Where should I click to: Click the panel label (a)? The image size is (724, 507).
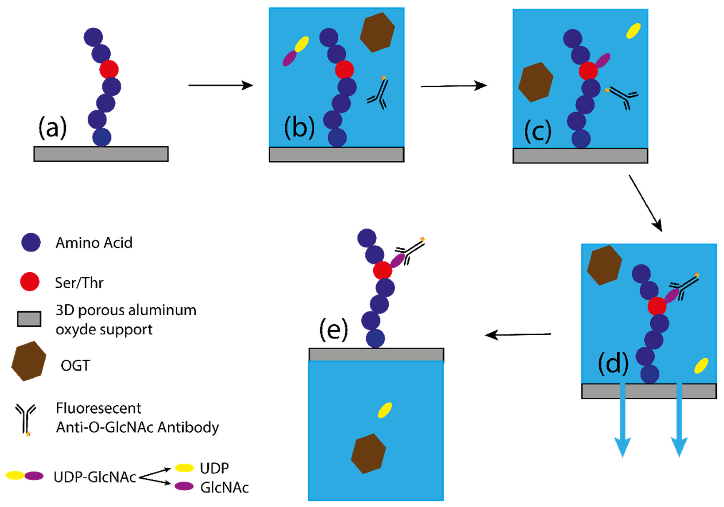pyautogui.click(x=52, y=128)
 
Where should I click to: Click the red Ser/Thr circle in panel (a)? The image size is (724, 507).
pyautogui.click(x=109, y=69)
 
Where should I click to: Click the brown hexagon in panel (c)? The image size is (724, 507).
pyautogui.click(x=536, y=82)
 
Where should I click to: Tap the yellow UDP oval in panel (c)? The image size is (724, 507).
pyautogui.click(x=633, y=31)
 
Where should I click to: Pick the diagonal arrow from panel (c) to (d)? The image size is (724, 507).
pyautogui.click(x=645, y=203)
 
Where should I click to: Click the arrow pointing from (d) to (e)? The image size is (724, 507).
pyautogui.click(x=518, y=335)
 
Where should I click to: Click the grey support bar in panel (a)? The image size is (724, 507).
pyautogui.click(x=101, y=154)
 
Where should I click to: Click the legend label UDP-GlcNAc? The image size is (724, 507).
pyautogui.click(x=95, y=477)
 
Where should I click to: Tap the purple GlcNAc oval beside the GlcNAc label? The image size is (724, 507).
pyautogui.click(x=184, y=486)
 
